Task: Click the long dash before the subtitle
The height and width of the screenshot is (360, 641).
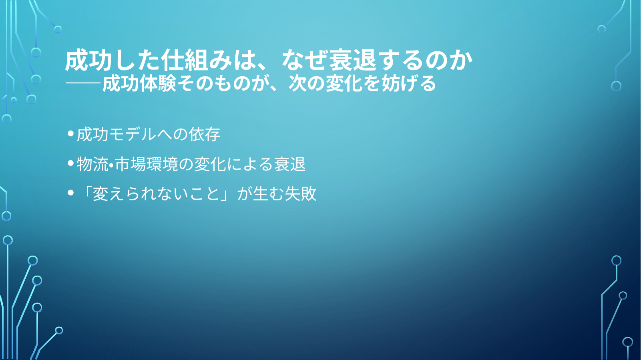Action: click(x=83, y=83)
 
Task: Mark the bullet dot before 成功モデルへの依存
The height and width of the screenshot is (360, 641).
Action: click(x=71, y=133)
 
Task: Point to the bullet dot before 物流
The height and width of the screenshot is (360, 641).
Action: click(x=71, y=163)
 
